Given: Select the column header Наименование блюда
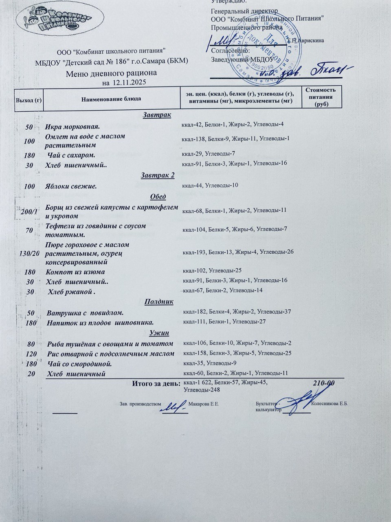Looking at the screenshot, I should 111,99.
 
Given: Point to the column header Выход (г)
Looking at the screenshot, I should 29,99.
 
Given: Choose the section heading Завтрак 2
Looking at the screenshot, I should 158,175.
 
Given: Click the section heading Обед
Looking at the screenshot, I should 158,197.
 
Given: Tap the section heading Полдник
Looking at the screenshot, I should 159,302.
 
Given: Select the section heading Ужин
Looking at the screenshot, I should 159,333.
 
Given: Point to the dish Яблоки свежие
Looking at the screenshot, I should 71,186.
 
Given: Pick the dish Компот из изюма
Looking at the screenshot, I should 75,272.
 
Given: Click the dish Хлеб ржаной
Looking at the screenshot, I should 72,292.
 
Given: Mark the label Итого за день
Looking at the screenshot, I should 156,383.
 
